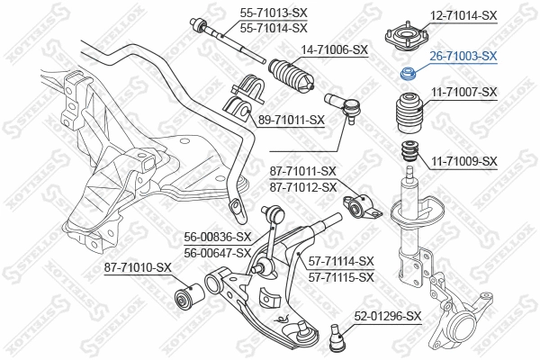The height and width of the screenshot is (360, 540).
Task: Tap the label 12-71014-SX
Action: coord(463,15)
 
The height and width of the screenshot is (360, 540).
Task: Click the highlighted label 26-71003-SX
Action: coord(463,56)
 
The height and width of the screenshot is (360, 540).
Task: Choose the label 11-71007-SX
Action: coord(463,93)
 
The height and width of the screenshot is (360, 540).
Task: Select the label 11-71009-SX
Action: coord(463,161)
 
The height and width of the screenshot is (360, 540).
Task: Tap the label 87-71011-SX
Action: coord(302,171)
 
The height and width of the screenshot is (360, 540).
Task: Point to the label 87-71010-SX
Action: coord(138,267)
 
